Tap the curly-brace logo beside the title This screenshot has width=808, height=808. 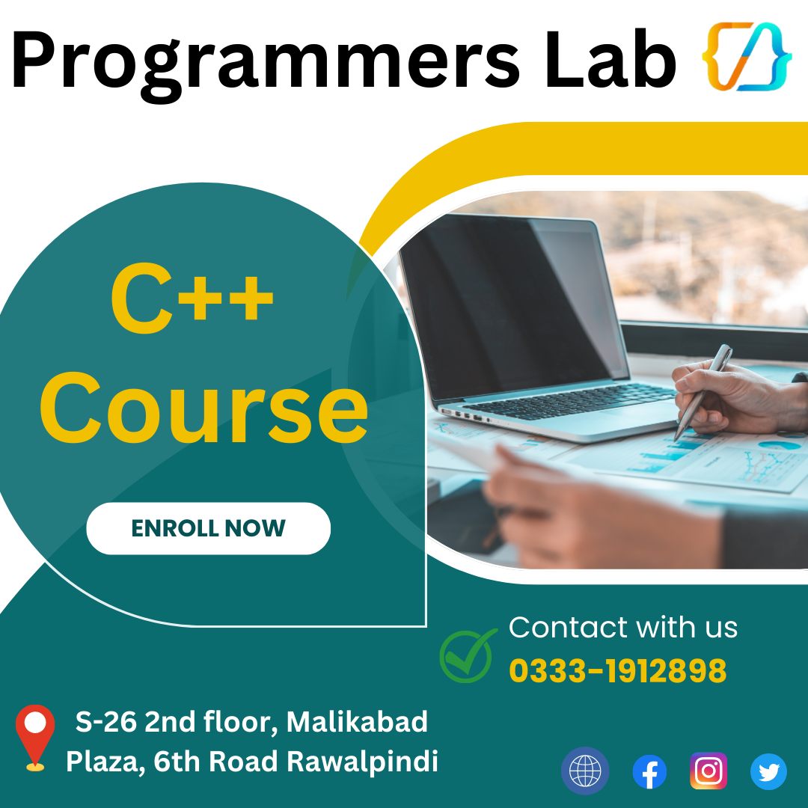click(745, 57)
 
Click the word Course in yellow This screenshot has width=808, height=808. click(203, 409)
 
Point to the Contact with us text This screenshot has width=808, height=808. click(622, 628)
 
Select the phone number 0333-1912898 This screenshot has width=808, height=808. click(617, 671)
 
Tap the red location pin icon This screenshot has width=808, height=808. click(35, 734)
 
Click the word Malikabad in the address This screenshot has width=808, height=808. click(357, 722)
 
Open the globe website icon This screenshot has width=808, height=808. click(585, 771)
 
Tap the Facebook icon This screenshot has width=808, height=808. click(649, 771)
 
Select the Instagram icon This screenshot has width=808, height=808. click(708, 771)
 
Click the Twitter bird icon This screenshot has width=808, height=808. click(768, 771)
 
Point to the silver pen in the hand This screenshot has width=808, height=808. click(703, 390)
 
